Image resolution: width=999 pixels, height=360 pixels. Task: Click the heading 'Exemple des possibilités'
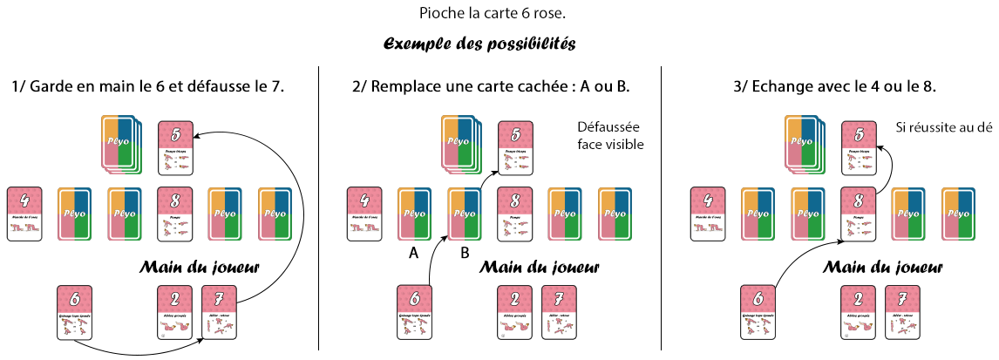479,43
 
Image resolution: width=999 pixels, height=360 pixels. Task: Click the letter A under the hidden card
415,252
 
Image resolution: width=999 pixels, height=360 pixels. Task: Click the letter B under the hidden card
465,252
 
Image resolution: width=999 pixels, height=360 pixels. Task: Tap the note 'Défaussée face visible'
610,136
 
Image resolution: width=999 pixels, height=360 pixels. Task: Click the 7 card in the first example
219,311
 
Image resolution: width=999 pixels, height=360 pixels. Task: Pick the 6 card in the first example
74,311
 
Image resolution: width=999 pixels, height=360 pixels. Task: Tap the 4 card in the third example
707,213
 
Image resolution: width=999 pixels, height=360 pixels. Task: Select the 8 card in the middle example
515,213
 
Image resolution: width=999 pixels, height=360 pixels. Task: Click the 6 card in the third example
758,311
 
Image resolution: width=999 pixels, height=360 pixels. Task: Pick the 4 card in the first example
24,213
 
